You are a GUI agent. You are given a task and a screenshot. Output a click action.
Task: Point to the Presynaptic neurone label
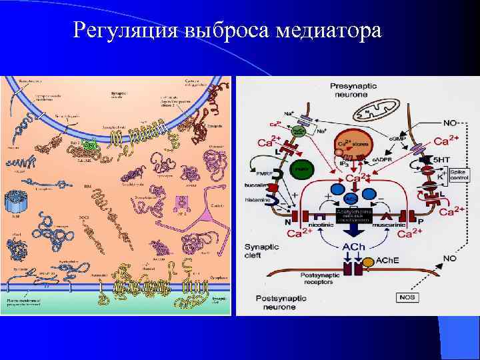coord(357,91)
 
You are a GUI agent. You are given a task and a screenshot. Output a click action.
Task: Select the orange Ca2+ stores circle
coord(351,144)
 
